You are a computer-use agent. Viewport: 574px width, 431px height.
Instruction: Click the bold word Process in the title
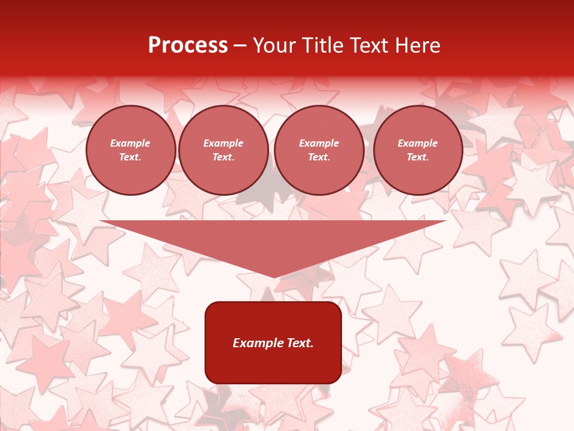tap(188, 45)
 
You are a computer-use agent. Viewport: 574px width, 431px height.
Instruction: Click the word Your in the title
tap(273, 45)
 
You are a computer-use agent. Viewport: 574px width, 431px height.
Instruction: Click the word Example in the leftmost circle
tap(130, 143)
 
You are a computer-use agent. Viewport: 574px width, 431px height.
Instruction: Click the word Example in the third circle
tap(319, 143)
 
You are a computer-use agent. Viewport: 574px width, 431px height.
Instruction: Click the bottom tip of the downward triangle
tap(274, 276)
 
